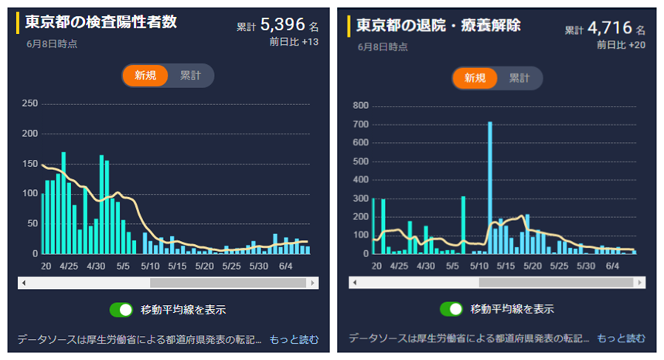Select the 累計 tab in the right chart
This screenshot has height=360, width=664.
click(519, 78)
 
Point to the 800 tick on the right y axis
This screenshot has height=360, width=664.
click(361, 106)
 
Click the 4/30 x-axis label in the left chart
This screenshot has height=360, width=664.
click(96, 266)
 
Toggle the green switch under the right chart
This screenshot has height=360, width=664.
click(452, 309)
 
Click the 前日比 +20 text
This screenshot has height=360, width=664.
click(621, 45)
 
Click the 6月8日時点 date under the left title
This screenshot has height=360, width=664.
click(52, 44)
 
